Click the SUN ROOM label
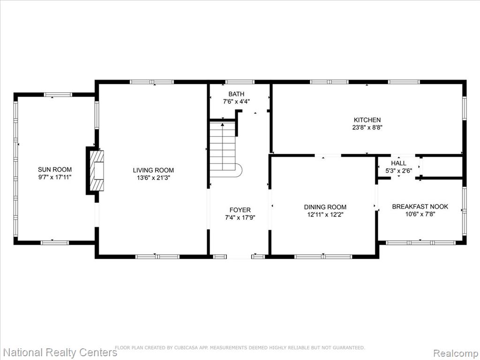click(55, 170)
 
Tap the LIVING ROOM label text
click(153, 170)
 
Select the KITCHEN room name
click(367, 120)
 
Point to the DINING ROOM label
click(325, 207)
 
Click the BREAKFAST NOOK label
click(420, 207)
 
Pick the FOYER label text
click(240, 210)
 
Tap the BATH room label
click(236, 94)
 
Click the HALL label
click(398, 163)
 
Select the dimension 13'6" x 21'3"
click(153, 178)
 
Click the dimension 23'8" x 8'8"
click(367, 127)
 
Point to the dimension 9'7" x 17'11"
click(55, 177)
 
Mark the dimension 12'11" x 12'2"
click(325, 215)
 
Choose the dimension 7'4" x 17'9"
click(240, 217)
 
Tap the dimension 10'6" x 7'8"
click(420, 214)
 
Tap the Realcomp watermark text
click(456, 353)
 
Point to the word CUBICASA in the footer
click(187, 348)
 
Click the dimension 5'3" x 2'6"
click(398, 171)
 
